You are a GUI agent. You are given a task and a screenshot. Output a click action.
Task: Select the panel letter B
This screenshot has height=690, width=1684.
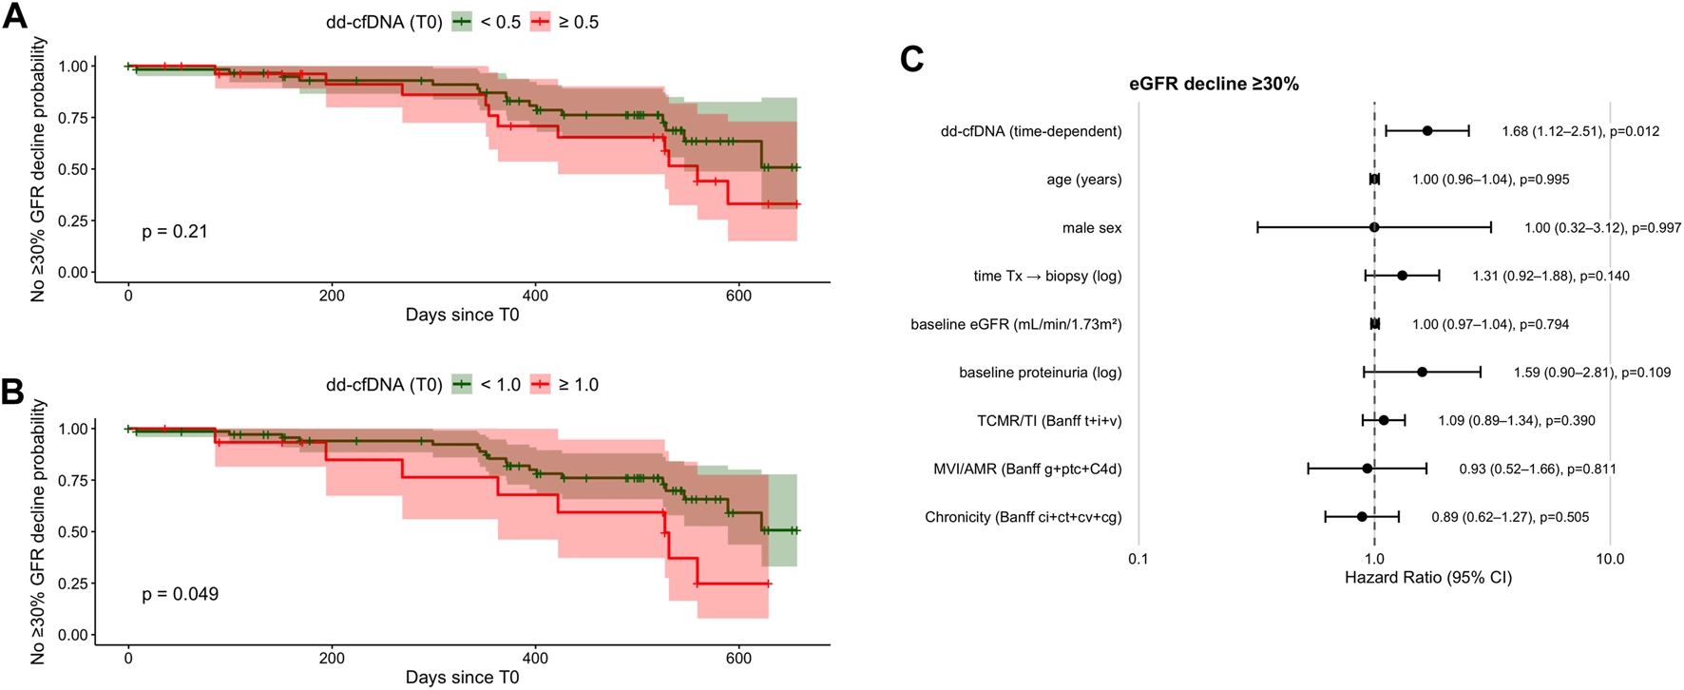(x=12, y=392)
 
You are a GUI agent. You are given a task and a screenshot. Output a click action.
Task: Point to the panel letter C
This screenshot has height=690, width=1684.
(x=911, y=60)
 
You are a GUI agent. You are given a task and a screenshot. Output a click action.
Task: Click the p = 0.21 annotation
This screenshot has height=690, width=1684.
(x=175, y=231)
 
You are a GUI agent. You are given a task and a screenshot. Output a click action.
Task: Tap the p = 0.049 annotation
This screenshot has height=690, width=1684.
(x=180, y=594)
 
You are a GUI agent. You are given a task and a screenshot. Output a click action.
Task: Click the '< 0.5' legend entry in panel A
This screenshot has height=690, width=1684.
(x=487, y=22)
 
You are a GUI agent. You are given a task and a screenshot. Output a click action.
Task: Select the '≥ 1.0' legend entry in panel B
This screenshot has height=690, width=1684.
(x=565, y=385)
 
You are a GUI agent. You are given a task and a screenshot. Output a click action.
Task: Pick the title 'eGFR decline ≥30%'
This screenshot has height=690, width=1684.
(x=1214, y=84)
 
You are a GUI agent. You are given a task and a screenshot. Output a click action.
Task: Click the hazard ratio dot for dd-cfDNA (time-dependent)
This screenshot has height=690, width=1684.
(x=1427, y=131)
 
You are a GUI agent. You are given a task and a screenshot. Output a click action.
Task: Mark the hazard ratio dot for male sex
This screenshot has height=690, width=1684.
(x=1374, y=227)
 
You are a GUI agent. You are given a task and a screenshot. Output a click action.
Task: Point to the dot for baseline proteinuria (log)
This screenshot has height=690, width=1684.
(x=1422, y=372)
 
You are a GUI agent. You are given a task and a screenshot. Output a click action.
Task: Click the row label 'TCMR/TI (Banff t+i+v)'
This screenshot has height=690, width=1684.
(x=1049, y=420)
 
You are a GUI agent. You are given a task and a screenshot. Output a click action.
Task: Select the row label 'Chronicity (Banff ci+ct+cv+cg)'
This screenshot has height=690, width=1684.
(x=1023, y=517)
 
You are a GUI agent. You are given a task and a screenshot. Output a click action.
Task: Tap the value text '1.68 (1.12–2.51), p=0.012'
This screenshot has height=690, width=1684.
(x=1580, y=131)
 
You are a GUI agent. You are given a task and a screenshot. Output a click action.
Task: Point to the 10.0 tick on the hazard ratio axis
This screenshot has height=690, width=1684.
(x=1609, y=559)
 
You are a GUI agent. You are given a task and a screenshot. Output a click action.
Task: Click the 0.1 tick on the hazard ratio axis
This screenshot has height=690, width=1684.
(x=1138, y=559)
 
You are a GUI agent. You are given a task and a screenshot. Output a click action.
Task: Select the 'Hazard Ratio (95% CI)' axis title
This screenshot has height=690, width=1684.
(x=1427, y=578)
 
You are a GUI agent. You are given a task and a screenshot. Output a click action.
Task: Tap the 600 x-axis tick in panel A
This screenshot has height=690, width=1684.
(x=738, y=296)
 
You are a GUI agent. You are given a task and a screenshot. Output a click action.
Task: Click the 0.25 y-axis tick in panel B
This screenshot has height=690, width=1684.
(x=74, y=584)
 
